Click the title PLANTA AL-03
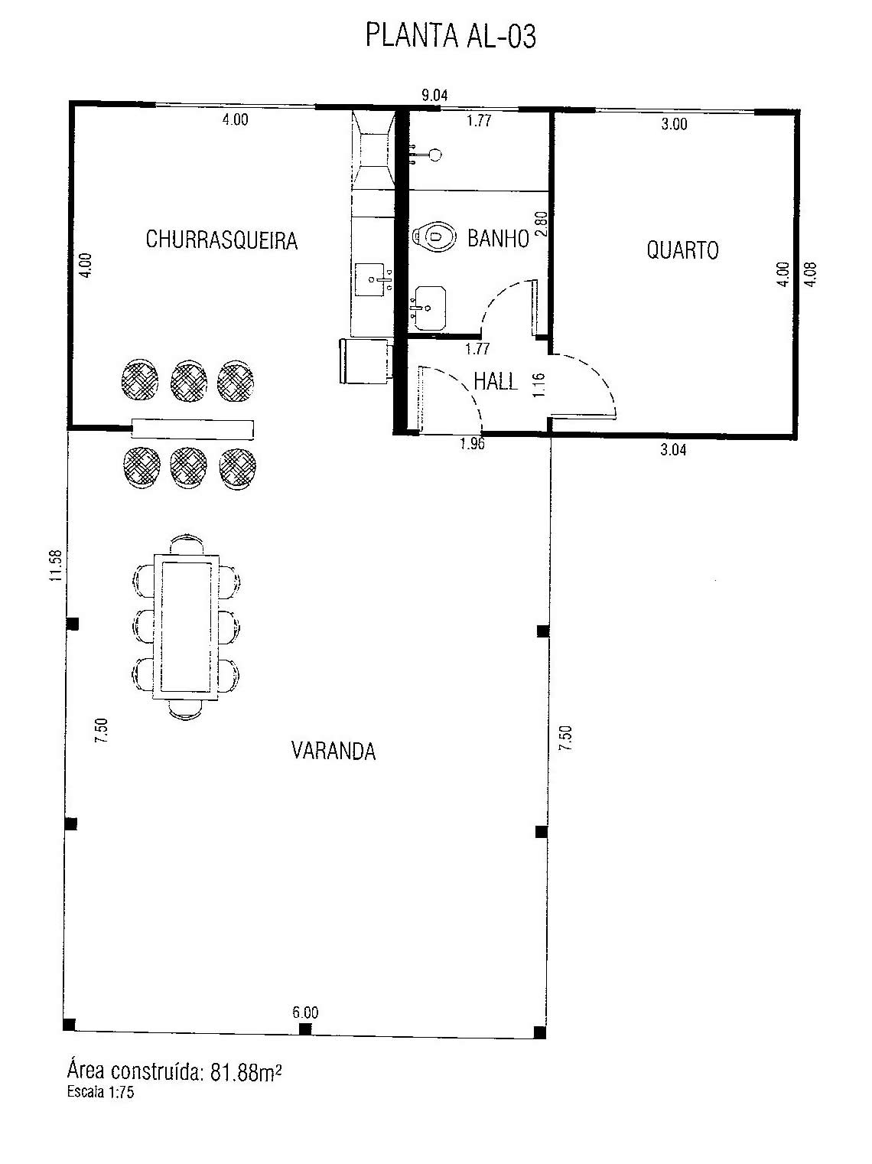pos(451,36)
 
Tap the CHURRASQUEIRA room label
pos(222,240)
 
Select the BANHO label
pos(498,239)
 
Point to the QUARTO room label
pos(682,249)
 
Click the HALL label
pos(495,381)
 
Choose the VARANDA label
pos(334,751)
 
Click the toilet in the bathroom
pos(434,236)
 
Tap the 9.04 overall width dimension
pos(434,96)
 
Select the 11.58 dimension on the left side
pos(56,566)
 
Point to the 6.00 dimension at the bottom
pos(306,1012)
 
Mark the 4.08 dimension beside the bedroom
pos(811,274)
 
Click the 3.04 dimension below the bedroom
pos(673,450)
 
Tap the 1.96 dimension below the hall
pos(472,443)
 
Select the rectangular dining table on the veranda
pos(186,628)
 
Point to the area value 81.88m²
pos(246,1071)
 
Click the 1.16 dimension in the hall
pos(538,386)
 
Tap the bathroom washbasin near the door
pos(429,308)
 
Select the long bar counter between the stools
pos(193,429)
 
